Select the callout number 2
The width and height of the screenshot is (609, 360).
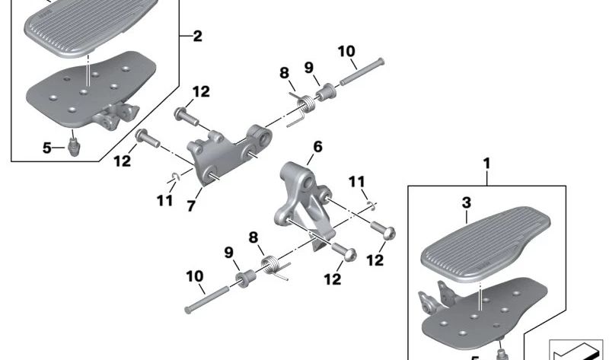[197, 36]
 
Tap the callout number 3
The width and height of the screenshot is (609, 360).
[467, 203]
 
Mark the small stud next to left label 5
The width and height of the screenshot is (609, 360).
[75, 144]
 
